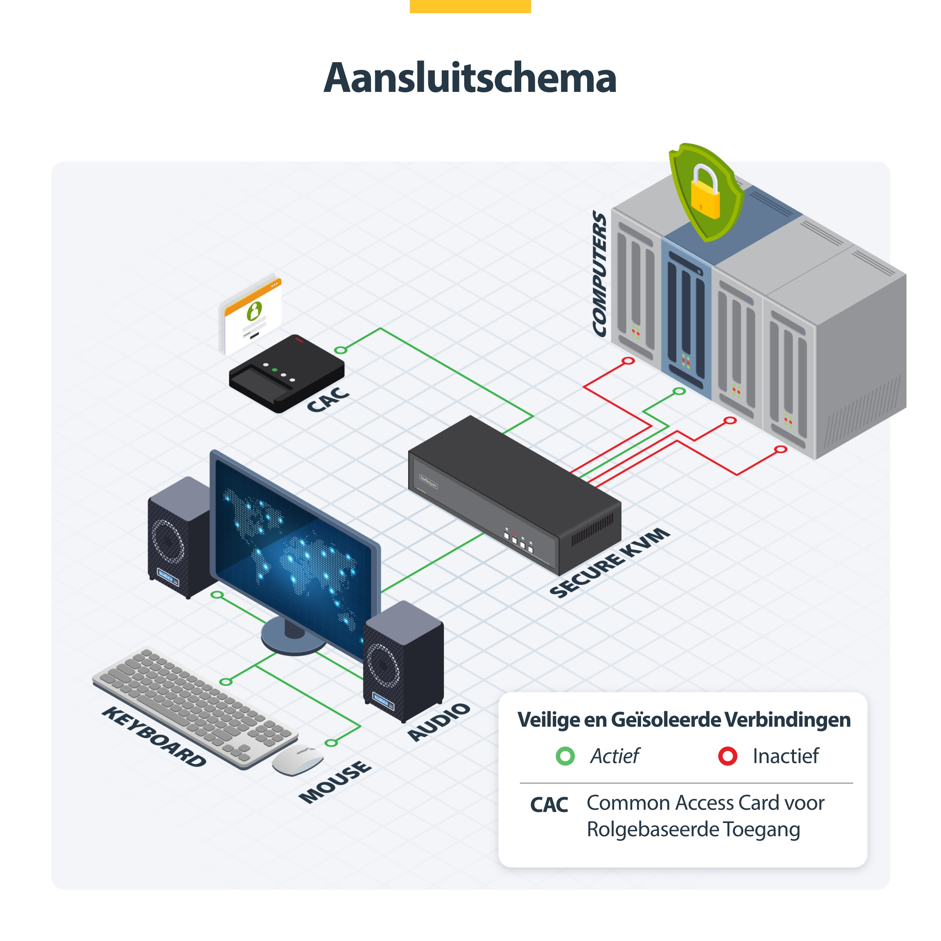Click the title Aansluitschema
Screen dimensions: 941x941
pyautogui.click(x=470, y=78)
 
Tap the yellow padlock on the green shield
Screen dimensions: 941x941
pyautogui.click(x=704, y=194)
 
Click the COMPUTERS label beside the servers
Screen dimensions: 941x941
pyautogui.click(x=600, y=274)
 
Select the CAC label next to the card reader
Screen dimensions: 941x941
pyautogui.click(x=328, y=400)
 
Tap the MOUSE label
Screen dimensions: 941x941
pyautogui.click(x=335, y=782)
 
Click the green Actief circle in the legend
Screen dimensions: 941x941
pyautogui.click(x=565, y=756)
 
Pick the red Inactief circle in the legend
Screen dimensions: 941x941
pyautogui.click(x=728, y=756)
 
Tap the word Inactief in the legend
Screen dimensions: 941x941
pyautogui.click(x=786, y=756)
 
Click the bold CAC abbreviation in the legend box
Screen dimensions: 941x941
pyautogui.click(x=549, y=805)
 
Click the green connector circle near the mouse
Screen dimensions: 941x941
pyautogui.click(x=331, y=743)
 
